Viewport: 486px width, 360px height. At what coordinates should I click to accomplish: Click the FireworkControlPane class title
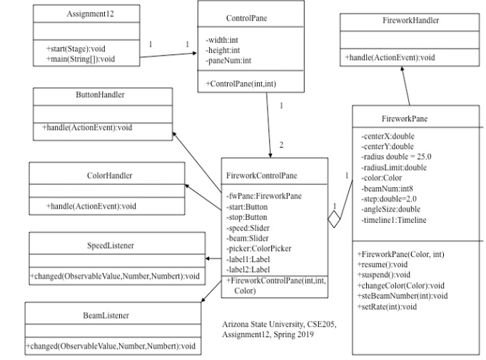[x=263, y=174]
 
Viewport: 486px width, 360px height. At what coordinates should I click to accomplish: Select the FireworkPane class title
[x=405, y=117]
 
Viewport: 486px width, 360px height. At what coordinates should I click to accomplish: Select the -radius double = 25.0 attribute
[x=396, y=156]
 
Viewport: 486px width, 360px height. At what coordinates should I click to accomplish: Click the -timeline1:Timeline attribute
[x=394, y=220]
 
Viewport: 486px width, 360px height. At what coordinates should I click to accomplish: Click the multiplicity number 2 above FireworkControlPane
[x=281, y=145]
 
